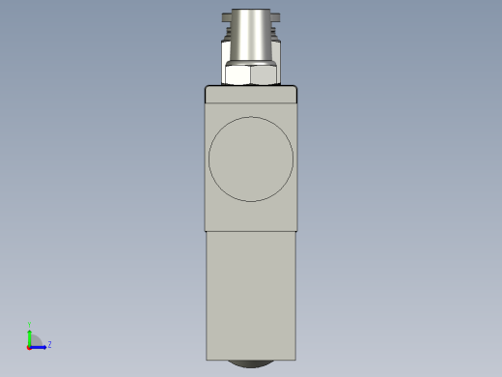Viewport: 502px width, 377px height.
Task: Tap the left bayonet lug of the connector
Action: click(225, 16)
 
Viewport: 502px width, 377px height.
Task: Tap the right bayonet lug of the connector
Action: click(277, 16)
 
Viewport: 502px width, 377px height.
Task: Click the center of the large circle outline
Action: click(251, 159)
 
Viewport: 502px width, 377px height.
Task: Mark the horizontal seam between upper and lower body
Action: click(251, 231)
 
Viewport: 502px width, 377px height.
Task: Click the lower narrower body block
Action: click(251, 295)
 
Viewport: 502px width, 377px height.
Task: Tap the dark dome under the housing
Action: click(251, 363)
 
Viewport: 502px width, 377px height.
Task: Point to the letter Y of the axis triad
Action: click(30, 325)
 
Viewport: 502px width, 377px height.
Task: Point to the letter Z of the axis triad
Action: click(49, 344)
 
